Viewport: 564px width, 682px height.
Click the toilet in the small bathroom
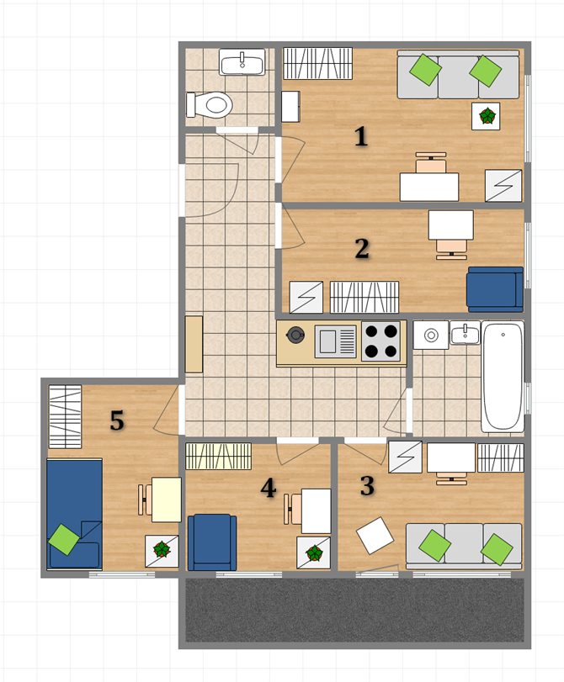coord(209,105)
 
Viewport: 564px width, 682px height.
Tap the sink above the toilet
coord(242,62)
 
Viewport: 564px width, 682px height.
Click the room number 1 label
coord(360,136)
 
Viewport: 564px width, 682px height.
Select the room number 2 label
coord(362,248)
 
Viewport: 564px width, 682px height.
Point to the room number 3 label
coord(367,485)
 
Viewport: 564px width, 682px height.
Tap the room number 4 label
coord(269,487)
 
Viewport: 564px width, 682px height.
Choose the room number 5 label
coord(117,420)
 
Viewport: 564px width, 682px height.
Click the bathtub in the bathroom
coord(503,377)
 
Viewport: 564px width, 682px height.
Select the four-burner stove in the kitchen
coord(381,342)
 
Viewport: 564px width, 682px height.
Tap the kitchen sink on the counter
coord(335,342)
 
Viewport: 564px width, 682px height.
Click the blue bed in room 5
coord(74,514)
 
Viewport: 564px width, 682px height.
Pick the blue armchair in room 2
coord(495,289)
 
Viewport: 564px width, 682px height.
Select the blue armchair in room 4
coord(212,542)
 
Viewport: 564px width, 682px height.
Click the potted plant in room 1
coord(487,116)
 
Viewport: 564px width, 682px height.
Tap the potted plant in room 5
coord(162,550)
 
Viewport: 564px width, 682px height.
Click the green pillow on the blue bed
coord(64,539)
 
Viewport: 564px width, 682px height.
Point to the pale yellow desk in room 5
coord(167,500)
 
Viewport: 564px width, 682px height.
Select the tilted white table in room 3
coord(375,536)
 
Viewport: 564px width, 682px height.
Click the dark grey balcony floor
coord(354,610)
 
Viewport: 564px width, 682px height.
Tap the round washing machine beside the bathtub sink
coord(431,336)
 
